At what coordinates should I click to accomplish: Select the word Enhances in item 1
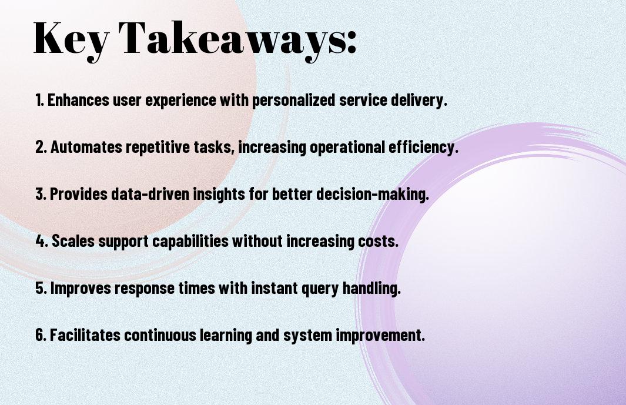pyautogui.click(x=78, y=100)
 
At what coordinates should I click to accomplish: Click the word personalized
pyautogui.click(x=293, y=101)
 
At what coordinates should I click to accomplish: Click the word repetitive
pyautogui.click(x=158, y=148)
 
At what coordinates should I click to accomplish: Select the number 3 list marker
pyautogui.click(x=41, y=194)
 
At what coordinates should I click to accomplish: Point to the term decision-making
pyautogui.click(x=373, y=195)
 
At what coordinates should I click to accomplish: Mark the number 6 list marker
pyautogui.click(x=41, y=335)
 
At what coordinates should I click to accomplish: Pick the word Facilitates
pyautogui.click(x=85, y=335)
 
